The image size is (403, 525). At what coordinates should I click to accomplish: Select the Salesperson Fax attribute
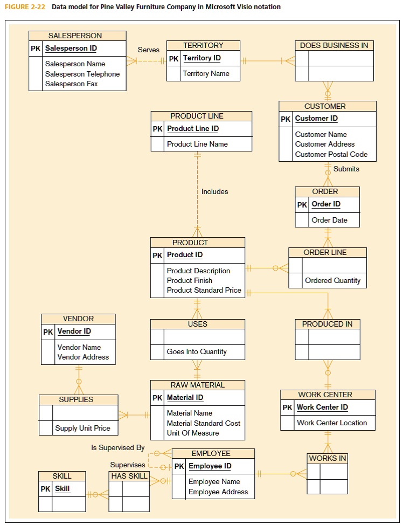71,84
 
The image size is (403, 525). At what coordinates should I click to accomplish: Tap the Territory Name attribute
206,74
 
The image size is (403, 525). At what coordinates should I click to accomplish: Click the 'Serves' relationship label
148,50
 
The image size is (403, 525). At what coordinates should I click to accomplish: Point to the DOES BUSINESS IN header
334,45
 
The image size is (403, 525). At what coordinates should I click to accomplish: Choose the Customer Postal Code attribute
331,155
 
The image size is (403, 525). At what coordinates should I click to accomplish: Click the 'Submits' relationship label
346,169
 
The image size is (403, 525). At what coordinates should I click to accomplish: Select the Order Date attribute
329,220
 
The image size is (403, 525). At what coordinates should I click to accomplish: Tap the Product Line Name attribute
197,144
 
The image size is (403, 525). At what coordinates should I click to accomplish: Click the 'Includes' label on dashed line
214,191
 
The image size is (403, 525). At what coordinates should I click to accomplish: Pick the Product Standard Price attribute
204,291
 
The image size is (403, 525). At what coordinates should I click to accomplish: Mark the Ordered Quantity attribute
332,280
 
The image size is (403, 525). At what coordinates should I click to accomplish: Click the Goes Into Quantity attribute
197,351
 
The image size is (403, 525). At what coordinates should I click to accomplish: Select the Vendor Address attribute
83,357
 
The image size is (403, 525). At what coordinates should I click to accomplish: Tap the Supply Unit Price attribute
82,429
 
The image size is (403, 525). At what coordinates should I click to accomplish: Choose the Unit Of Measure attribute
193,433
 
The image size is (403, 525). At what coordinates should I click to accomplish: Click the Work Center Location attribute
331,423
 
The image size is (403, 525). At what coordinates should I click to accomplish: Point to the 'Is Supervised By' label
117,448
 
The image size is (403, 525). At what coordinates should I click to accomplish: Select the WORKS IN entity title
327,458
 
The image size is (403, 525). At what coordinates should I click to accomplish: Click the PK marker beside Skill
45,489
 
